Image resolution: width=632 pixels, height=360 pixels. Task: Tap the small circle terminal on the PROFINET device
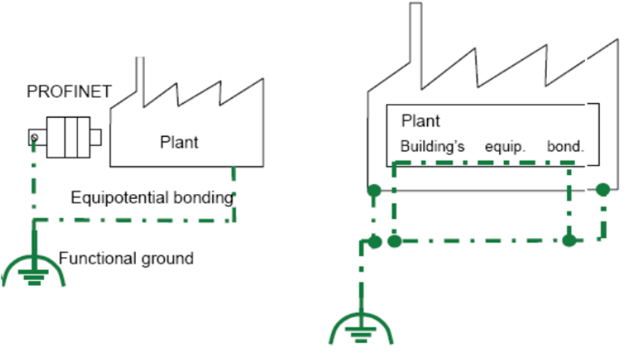34,136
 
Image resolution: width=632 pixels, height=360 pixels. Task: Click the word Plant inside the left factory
179,142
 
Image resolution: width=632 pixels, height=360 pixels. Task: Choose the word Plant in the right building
421,121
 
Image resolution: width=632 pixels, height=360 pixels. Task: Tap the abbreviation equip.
505,146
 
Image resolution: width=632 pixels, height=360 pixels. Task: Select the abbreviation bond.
566,146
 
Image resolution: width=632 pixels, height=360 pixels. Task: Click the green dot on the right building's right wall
603,190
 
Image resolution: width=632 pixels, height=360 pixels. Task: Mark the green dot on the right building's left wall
374,192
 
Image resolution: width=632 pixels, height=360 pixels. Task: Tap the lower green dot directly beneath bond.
570,240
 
